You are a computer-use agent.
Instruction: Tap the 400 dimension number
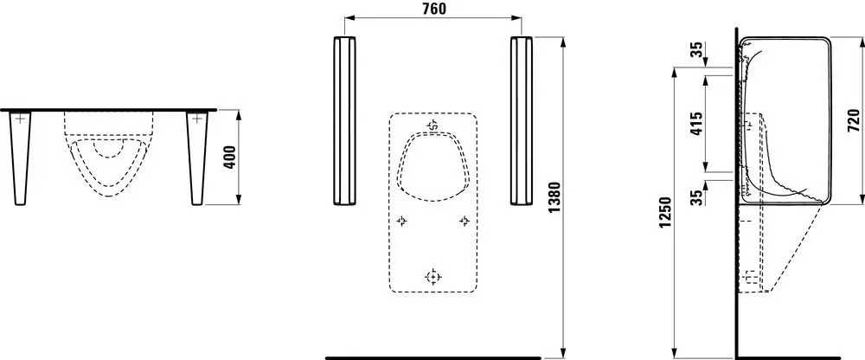click(232, 157)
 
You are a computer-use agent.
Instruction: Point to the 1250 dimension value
click(666, 213)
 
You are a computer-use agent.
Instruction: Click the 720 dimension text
click(854, 120)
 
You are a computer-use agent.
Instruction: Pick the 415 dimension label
click(696, 125)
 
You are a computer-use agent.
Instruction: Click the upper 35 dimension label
click(698, 49)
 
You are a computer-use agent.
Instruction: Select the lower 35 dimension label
click(698, 197)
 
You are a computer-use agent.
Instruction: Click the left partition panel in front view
click(344, 120)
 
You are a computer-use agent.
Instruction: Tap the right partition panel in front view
click(522, 120)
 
